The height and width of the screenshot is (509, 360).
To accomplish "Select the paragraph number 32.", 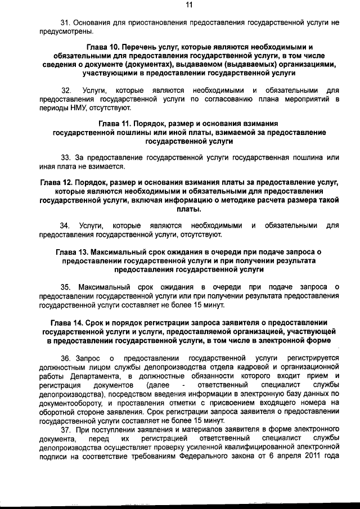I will pyautogui.click(x=66, y=90).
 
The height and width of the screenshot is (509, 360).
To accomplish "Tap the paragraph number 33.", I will pyautogui.click(x=65, y=158).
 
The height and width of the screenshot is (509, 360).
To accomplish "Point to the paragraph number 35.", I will pyautogui.click(x=65, y=287).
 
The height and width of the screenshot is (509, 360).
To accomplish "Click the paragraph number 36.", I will pyautogui.click(x=65, y=358).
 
